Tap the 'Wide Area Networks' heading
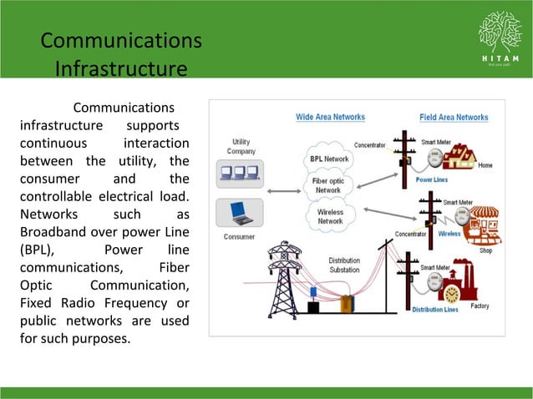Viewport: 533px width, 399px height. coord(330,117)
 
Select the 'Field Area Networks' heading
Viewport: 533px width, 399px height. coord(454,117)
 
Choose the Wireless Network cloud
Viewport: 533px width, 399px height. coord(330,216)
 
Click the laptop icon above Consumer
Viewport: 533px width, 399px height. coord(240,212)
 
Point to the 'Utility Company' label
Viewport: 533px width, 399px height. coord(240,146)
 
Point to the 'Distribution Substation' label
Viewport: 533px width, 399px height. coord(344,265)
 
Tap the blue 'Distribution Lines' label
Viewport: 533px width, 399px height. coord(434,310)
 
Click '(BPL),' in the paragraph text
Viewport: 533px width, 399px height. coord(38,250)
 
